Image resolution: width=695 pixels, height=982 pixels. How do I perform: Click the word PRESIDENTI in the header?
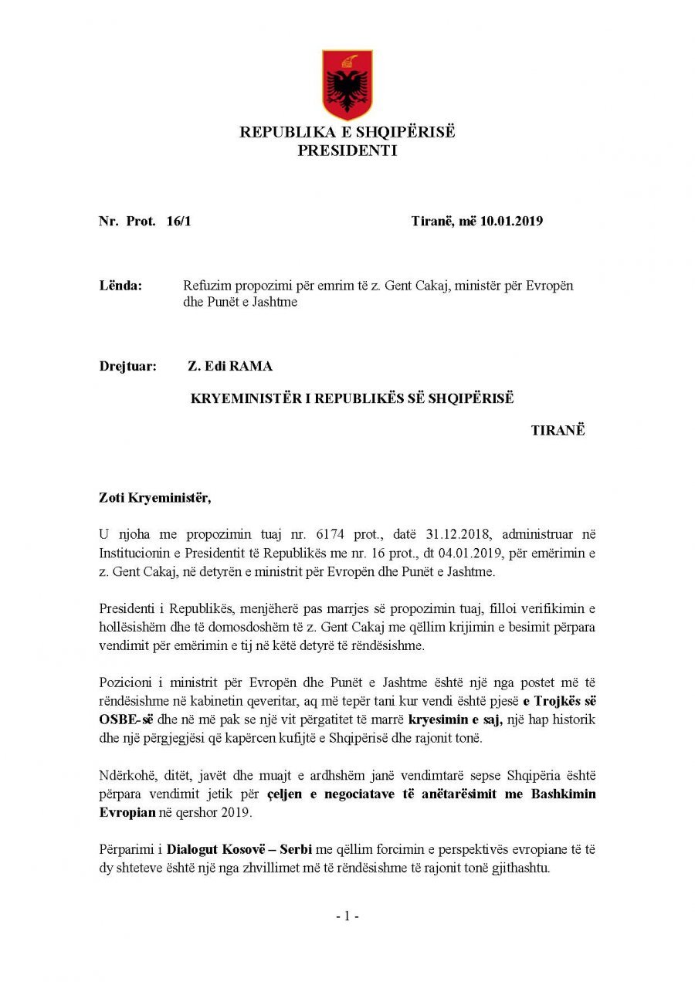[347, 151]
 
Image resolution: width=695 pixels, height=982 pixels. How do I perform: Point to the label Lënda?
[120, 286]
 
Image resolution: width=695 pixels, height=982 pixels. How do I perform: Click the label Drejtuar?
[127, 367]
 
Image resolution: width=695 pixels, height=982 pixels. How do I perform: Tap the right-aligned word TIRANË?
[558, 431]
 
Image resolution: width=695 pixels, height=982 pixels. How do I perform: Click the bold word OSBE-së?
[126, 720]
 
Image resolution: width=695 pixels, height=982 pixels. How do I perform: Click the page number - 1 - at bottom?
[347, 916]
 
